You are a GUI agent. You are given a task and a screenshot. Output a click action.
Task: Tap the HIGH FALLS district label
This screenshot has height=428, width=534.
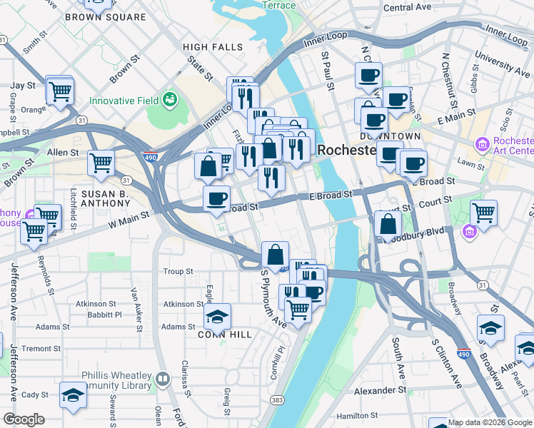(x=213, y=47)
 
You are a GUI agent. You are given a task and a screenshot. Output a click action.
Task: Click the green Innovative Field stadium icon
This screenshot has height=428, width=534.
(x=170, y=98)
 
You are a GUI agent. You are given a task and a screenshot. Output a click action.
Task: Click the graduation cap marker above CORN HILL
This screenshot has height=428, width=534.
(x=218, y=315)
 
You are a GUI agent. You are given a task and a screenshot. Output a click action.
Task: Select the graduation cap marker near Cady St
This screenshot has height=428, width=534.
(x=73, y=394)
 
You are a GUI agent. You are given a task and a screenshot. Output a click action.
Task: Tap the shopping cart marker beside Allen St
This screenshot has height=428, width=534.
(x=101, y=162)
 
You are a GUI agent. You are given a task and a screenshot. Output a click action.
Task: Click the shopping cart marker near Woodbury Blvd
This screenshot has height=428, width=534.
(x=484, y=211)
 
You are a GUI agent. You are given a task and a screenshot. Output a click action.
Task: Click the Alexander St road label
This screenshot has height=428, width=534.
(x=381, y=391)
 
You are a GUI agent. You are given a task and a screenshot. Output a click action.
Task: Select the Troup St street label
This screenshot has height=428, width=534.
(x=178, y=271)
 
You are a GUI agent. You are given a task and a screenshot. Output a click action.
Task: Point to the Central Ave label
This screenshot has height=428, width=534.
(x=408, y=7)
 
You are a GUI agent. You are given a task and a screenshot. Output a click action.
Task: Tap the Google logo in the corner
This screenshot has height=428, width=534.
(x=24, y=419)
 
